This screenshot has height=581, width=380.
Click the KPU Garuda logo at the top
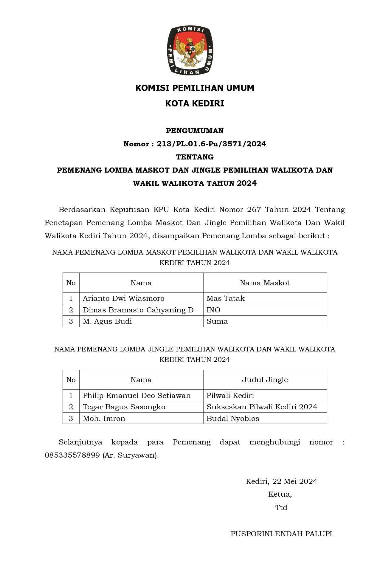[190, 50]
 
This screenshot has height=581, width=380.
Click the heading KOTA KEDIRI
[195, 104]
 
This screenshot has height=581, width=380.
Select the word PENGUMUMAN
[195, 131]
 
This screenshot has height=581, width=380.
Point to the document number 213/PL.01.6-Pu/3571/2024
[211, 144]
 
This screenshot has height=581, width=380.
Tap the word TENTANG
[195, 157]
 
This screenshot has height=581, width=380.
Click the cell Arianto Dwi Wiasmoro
[123, 298]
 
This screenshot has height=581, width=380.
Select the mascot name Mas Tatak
[226, 298]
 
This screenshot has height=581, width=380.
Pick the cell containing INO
[213, 310]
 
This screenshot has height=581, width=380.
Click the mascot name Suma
[217, 321]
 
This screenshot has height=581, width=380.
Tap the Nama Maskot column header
[265, 283]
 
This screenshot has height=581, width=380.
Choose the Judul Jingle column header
[265, 380]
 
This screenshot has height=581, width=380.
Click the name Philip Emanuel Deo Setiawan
[137, 396]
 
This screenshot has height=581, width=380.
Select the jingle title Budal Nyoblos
[233, 419]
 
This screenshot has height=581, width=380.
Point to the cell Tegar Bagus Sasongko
[124, 407]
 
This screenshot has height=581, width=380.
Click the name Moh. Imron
[104, 419]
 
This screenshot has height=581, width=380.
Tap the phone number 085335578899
[72, 455]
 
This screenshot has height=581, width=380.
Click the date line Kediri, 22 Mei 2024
[281, 481]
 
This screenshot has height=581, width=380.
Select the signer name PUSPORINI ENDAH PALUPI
[281, 534]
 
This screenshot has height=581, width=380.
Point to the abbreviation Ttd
[281, 507]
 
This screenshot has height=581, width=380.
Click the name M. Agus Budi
[107, 321]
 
